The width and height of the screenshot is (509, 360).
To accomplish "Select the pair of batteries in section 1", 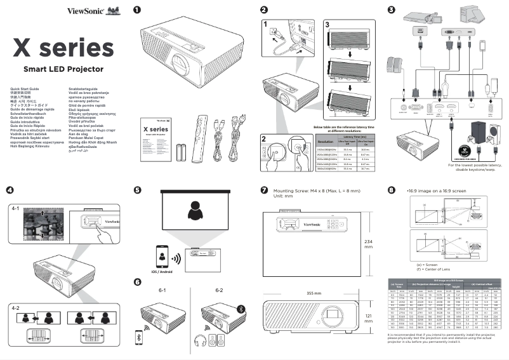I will [181, 154].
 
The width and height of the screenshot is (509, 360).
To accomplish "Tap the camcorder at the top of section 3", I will [420, 15].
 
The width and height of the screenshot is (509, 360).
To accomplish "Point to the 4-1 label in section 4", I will [17, 208].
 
